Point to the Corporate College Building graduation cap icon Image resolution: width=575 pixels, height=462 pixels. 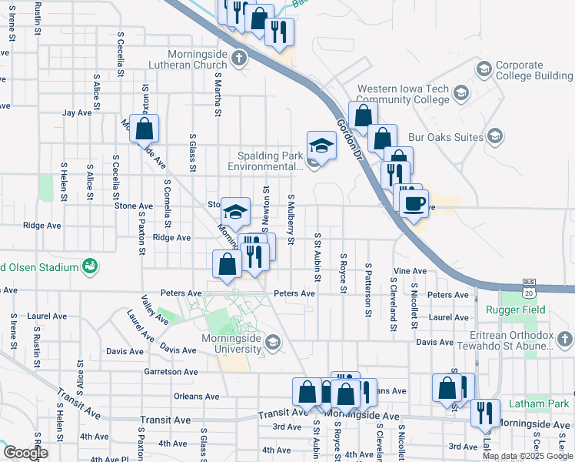[x=484, y=70]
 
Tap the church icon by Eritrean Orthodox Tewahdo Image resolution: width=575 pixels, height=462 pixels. [x=564, y=340]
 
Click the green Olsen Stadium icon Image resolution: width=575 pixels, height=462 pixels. [x=91, y=266]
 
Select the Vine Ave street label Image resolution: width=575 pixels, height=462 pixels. [x=410, y=271]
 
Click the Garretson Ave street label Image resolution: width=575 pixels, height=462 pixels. [x=171, y=371]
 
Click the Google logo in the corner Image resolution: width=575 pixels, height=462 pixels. [x=25, y=452]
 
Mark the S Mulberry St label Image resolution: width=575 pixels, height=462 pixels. [x=291, y=220]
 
